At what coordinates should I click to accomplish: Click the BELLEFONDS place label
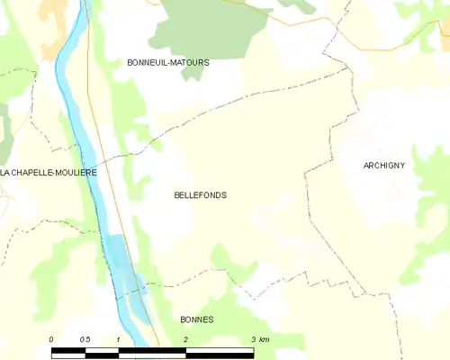(201, 194)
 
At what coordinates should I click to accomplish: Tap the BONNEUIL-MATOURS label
(169, 63)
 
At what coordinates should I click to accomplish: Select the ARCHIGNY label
(384, 166)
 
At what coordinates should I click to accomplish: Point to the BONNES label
(196, 319)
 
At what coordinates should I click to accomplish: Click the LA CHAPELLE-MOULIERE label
(49, 172)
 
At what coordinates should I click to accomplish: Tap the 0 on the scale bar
(51, 339)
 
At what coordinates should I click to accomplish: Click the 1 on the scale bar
(118, 339)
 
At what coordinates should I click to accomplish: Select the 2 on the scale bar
(185, 339)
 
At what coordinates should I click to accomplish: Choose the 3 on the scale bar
(253, 339)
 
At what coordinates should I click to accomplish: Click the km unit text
(265, 339)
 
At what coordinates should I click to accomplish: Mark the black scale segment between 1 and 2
(152, 350)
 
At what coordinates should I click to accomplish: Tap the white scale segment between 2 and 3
(220, 350)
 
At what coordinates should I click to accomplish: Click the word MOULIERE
(77, 172)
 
